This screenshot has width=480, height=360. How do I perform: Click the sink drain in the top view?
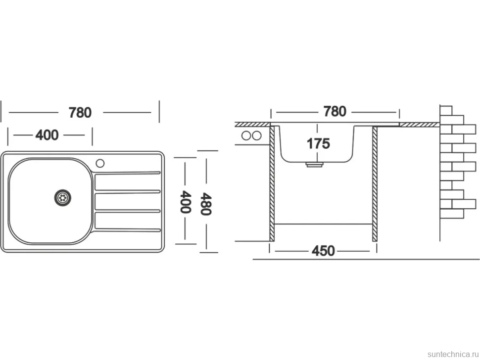63,197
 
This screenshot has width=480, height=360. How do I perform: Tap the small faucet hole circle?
100,163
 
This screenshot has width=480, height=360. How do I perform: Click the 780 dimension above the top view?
80,113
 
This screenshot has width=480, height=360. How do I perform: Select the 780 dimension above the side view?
335,111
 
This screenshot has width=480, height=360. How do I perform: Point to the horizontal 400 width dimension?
47,135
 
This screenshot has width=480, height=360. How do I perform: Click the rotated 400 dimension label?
186,202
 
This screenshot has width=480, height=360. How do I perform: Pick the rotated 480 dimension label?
205,204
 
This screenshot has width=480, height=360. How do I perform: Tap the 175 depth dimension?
318,143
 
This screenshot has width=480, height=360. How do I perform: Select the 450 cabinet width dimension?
323,251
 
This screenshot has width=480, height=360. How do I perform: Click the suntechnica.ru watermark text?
453,354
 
